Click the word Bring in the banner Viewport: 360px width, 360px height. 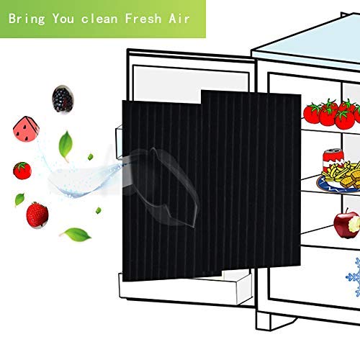pyautogui.click(x=27, y=19)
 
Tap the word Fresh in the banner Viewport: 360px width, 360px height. pyautogui.click(x=143, y=19)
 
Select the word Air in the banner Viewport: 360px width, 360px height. pyautogui.click(x=179, y=19)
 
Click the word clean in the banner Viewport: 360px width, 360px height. pyautogui.click(x=99, y=19)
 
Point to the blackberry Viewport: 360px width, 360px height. pyautogui.click(x=63, y=99)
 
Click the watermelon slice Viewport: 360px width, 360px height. pyautogui.click(x=26, y=129)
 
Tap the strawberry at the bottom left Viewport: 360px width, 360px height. pyautogui.click(x=37, y=215)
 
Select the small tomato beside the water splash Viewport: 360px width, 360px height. pyautogui.click(x=22, y=171)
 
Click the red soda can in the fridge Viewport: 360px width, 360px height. pyautogui.click(x=333, y=160)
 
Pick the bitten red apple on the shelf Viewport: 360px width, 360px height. pyautogui.click(x=347, y=225)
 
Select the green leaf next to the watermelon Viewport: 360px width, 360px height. pyautogui.click(x=66, y=145)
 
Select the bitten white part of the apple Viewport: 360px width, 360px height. pyautogui.click(x=354, y=225)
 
